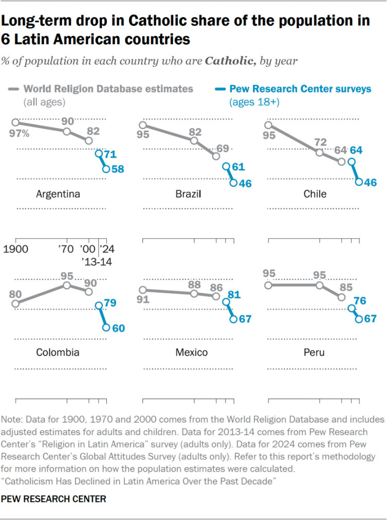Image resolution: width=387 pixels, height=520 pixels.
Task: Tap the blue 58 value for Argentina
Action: [x=117, y=169]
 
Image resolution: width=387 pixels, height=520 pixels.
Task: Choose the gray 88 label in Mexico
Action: [x=194, y=283]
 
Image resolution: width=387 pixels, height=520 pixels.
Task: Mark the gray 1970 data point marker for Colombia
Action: [x=67, y=284]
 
